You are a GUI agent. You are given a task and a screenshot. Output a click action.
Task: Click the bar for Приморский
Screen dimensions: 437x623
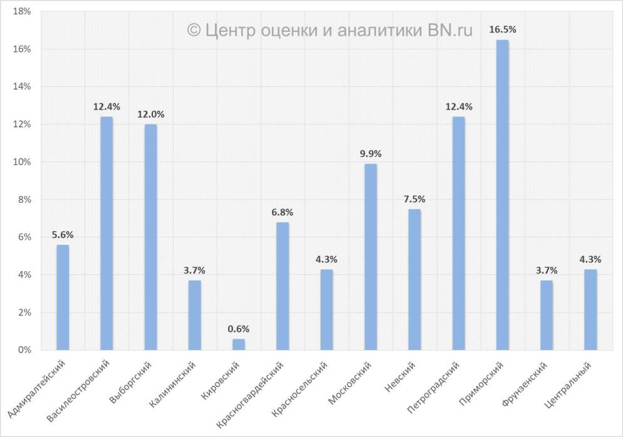pos(502,195)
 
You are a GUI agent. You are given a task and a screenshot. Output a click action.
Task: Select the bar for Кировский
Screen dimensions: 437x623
pos(239,344)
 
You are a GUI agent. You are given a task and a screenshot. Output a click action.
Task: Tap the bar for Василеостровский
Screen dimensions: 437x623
pos(107,233)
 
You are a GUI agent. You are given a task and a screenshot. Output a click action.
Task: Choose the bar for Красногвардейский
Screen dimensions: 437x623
pos(283,285)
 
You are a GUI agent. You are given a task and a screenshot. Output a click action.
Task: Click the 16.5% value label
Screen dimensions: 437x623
pos(502,29)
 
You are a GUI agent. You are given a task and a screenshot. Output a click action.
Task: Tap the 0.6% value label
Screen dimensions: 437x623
pos(239,328)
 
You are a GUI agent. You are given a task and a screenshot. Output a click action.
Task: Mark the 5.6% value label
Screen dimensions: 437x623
pos(63,235)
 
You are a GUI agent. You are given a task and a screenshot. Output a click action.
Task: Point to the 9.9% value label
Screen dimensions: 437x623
pos(370,153)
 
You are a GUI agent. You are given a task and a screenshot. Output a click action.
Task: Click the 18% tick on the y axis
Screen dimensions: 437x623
pos(22,11)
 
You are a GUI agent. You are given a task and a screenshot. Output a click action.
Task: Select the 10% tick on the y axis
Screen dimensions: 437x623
pos(22,162)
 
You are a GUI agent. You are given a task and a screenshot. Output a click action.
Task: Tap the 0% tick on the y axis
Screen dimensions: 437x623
pos(24,350)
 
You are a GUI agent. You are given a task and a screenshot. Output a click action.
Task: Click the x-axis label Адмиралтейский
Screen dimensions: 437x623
pos(37,389)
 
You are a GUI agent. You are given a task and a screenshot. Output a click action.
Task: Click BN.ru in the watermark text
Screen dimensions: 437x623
pos(450,29)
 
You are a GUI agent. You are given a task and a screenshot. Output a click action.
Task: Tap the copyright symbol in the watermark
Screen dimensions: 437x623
pos(194,30)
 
